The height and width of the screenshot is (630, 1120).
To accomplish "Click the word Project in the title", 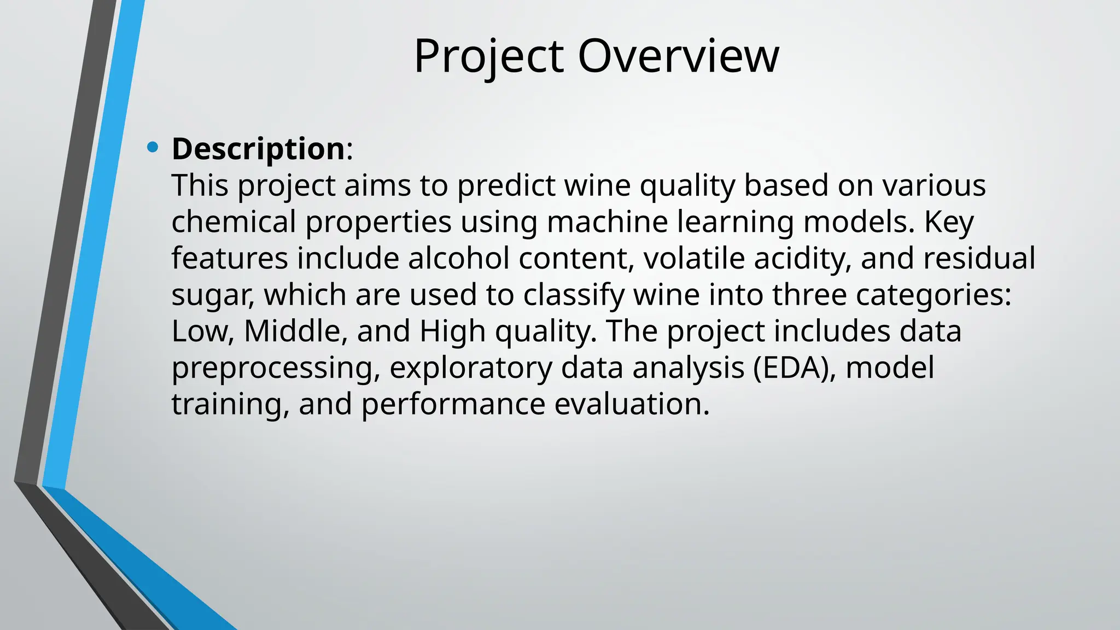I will click(x=488, y=57).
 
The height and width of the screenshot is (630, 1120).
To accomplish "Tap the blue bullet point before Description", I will click(x=153, y=147).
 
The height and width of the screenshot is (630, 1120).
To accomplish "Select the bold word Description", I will click(x=258, y=149).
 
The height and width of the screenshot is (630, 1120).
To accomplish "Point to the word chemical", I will click(x=234, y=222).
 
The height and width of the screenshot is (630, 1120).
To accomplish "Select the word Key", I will click(x=949, y=222).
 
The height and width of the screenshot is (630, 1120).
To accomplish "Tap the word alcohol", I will click(x=459, y=258).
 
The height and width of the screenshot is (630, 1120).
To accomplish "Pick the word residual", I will click(x=979, y=258).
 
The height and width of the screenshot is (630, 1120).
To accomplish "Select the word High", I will click(x=452, y=331).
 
